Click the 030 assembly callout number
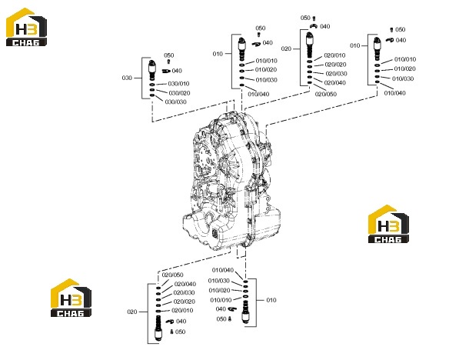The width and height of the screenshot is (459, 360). [127, 78]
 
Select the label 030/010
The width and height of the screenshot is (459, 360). [178, 84]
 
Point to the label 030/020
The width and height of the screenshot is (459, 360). [179, 93]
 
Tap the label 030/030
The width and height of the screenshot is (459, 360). [175, 102]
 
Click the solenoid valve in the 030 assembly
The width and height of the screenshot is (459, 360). [152, 70]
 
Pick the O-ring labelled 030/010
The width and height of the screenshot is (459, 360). [152, 85]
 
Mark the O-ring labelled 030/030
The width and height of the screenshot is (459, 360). [152, 95]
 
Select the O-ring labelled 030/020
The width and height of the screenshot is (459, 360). [152, 90]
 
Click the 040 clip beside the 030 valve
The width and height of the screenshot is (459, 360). [166, 71]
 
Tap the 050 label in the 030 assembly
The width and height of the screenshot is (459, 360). [169, 55]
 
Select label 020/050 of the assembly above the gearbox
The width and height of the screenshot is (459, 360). [326, 94]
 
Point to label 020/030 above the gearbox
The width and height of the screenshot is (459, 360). [336, 74]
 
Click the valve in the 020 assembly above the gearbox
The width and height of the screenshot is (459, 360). [309, 45]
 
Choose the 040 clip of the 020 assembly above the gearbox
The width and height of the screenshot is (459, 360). [314, 26]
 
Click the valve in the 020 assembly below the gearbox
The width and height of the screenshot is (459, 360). [158, 328]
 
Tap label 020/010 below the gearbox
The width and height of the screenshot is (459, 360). [182, 311]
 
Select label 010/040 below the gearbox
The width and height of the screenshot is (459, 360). [223, 270]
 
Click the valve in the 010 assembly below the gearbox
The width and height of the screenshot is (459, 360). [245, 312]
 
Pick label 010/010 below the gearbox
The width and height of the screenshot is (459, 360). [221, 300]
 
